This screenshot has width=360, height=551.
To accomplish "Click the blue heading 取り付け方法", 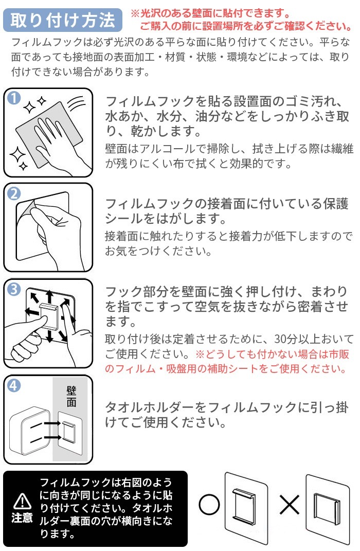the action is pyautogui.click(x=63, y=20).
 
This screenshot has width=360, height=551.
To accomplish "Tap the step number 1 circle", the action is pyautogui.click(x=14, y=98).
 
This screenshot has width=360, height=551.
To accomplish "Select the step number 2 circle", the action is pyautogui.click(x=14, y=193).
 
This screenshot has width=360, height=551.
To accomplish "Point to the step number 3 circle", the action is pyautogui.click(x=14, y=290).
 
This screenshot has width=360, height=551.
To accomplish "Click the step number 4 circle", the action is pyautogui.click(x=14, y=385).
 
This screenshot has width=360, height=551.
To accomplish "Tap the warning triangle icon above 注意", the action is pyautogui.click(x=22, y=501).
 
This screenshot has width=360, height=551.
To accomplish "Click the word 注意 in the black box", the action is pyautogui.click(x=22, y=518).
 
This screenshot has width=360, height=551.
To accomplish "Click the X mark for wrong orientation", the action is pyautogui.click(x=290, y=505).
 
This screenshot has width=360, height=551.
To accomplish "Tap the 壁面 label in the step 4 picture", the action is pyautogui.click(x=71, y=396).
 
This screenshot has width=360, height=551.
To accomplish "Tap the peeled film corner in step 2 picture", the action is pyautogui.click(x=28, y=208).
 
